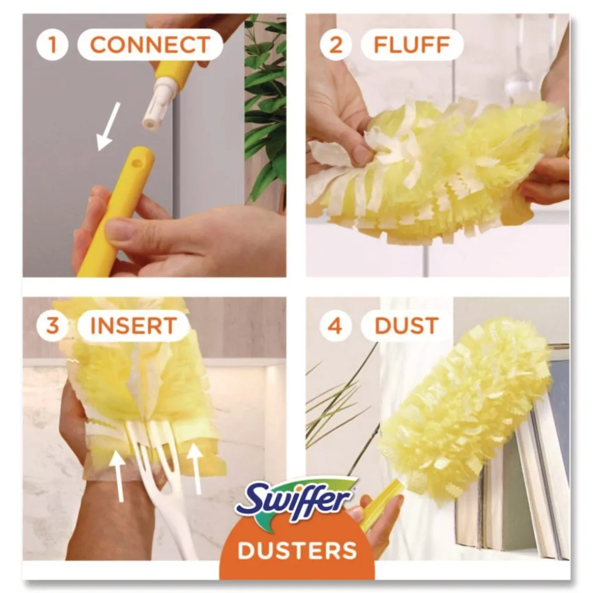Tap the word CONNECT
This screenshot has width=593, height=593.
click(x=150, y=45)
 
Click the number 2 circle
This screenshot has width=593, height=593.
click(x=335, y=45)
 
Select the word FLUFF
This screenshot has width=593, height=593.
click(x=411, y=45)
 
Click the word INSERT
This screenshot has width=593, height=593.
click(x=133, y=326)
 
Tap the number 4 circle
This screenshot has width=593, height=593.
click(x=335, y=326)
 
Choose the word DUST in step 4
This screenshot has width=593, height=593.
click(x=407, y=326)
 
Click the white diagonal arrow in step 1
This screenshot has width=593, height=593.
click(x=108, y=126)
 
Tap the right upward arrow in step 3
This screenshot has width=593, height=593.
click(x=194, y=467)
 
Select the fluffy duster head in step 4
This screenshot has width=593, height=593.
click(x=465, y=403)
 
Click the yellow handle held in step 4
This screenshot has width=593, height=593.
click(x=382, y=504)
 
